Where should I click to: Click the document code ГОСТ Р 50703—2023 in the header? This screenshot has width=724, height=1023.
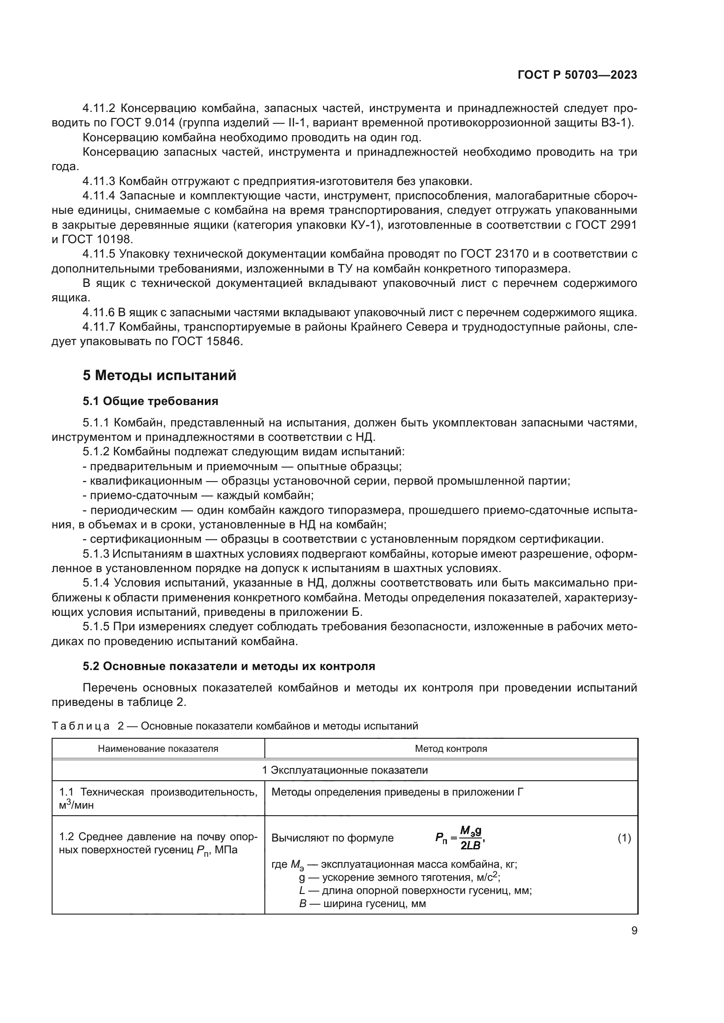pyautogui.click(x=577, y=75)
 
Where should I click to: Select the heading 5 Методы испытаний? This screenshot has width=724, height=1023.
pyautogui.click(x=159, y=376)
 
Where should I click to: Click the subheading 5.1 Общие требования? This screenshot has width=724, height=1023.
pyautogui.click(x=150, y=402)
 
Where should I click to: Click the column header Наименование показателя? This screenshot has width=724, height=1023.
pyautogui.click(x=158, y=748)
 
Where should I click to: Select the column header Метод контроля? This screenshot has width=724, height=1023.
pyautogui.click(x=451, y=748)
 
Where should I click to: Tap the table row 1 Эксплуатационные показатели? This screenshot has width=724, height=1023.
pyautogui.click(x=344, y=770)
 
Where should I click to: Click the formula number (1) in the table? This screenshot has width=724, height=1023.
pyautogui.click(x=624, y=838)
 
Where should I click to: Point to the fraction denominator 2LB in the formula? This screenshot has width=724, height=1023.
pyautogui.click(x=470, y=845)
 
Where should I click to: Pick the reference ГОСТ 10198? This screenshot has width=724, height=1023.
pyautogui.click(x=98, y=239)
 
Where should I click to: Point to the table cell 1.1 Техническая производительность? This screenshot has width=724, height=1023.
pyautogui.click(x=158, y=792)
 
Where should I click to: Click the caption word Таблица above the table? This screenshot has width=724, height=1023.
pyautogui.click(x=81, y=726)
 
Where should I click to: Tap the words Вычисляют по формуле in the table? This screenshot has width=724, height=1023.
pyautogui.click(x=332, y=838)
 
